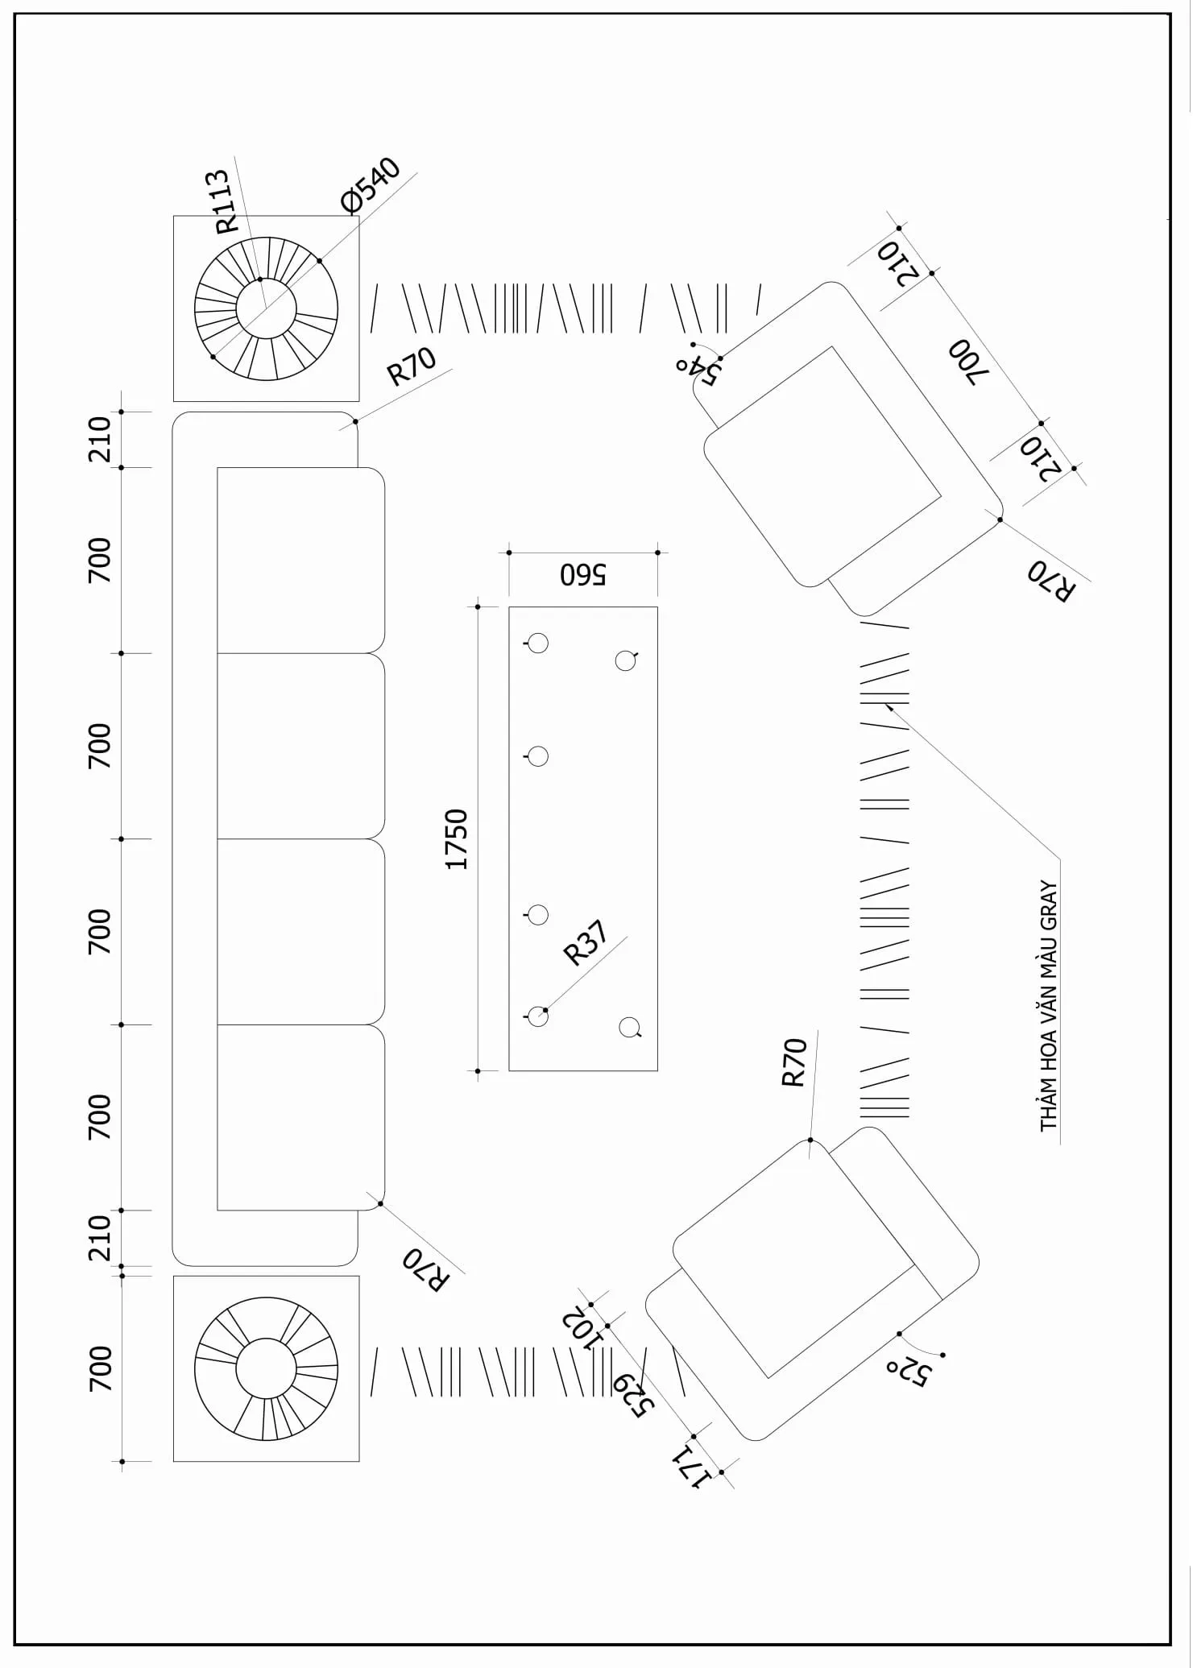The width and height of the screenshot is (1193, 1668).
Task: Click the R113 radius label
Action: click(222, 201)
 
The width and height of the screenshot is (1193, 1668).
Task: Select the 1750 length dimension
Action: click(457, 839)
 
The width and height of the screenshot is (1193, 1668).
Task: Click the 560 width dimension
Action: click(583, 574)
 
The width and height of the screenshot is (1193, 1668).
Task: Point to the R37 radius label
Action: click(586, 943)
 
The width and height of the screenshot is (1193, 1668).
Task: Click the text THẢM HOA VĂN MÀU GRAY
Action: click(1048, 1006)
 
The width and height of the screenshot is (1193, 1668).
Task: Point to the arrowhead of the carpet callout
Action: click(888, 706)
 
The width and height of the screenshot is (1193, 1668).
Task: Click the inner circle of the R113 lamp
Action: click(267, 309)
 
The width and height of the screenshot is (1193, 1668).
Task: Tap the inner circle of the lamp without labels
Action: click(267, 1368)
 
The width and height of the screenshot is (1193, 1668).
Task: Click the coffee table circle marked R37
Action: click(537, 1016)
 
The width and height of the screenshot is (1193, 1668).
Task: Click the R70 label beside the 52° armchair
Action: click(794, 1062)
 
